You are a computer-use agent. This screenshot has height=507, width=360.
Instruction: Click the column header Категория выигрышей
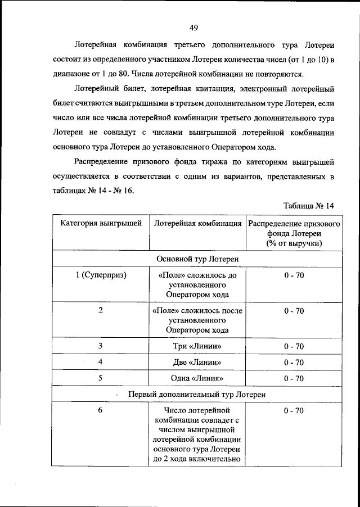101,223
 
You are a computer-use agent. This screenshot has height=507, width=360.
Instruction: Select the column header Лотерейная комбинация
197,223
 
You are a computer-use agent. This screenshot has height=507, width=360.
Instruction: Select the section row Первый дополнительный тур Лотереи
197,395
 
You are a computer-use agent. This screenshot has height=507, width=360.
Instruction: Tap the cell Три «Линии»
197,346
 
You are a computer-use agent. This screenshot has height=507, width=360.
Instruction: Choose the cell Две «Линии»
197,362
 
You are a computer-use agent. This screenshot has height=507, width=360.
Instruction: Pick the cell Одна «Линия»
197,378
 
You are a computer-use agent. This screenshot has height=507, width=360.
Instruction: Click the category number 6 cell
100,410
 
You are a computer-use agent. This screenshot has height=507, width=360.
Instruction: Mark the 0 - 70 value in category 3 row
294,346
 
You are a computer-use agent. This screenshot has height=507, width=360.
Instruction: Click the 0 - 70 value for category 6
294,411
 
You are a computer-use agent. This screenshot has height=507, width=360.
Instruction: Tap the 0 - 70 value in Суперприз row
294,275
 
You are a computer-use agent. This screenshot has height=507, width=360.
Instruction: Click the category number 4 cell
100,362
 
